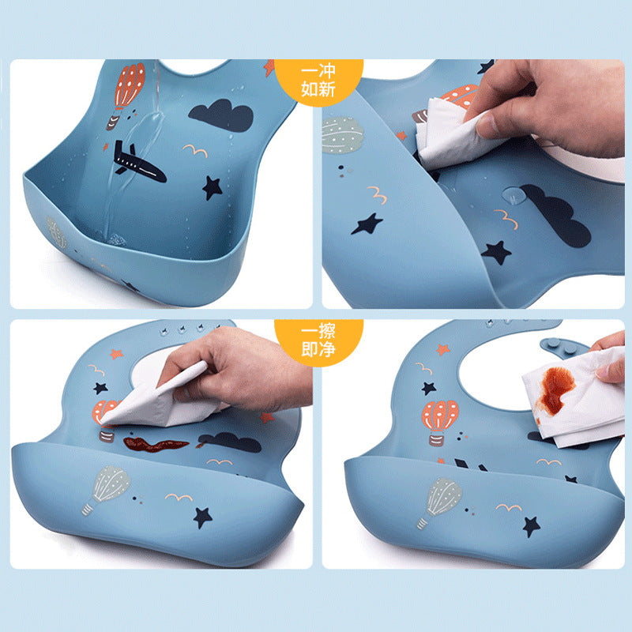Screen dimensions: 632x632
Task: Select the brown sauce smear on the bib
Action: [155, 444]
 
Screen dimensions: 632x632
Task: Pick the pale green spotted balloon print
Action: [343, 134]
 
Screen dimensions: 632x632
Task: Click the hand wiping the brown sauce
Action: [238, 370]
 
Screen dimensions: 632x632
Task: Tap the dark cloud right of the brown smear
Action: [230, 442]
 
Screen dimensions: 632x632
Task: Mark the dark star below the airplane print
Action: [212, 188]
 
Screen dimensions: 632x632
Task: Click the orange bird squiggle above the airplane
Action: [195, 150]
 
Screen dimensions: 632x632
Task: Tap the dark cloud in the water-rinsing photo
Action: [221, 115]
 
